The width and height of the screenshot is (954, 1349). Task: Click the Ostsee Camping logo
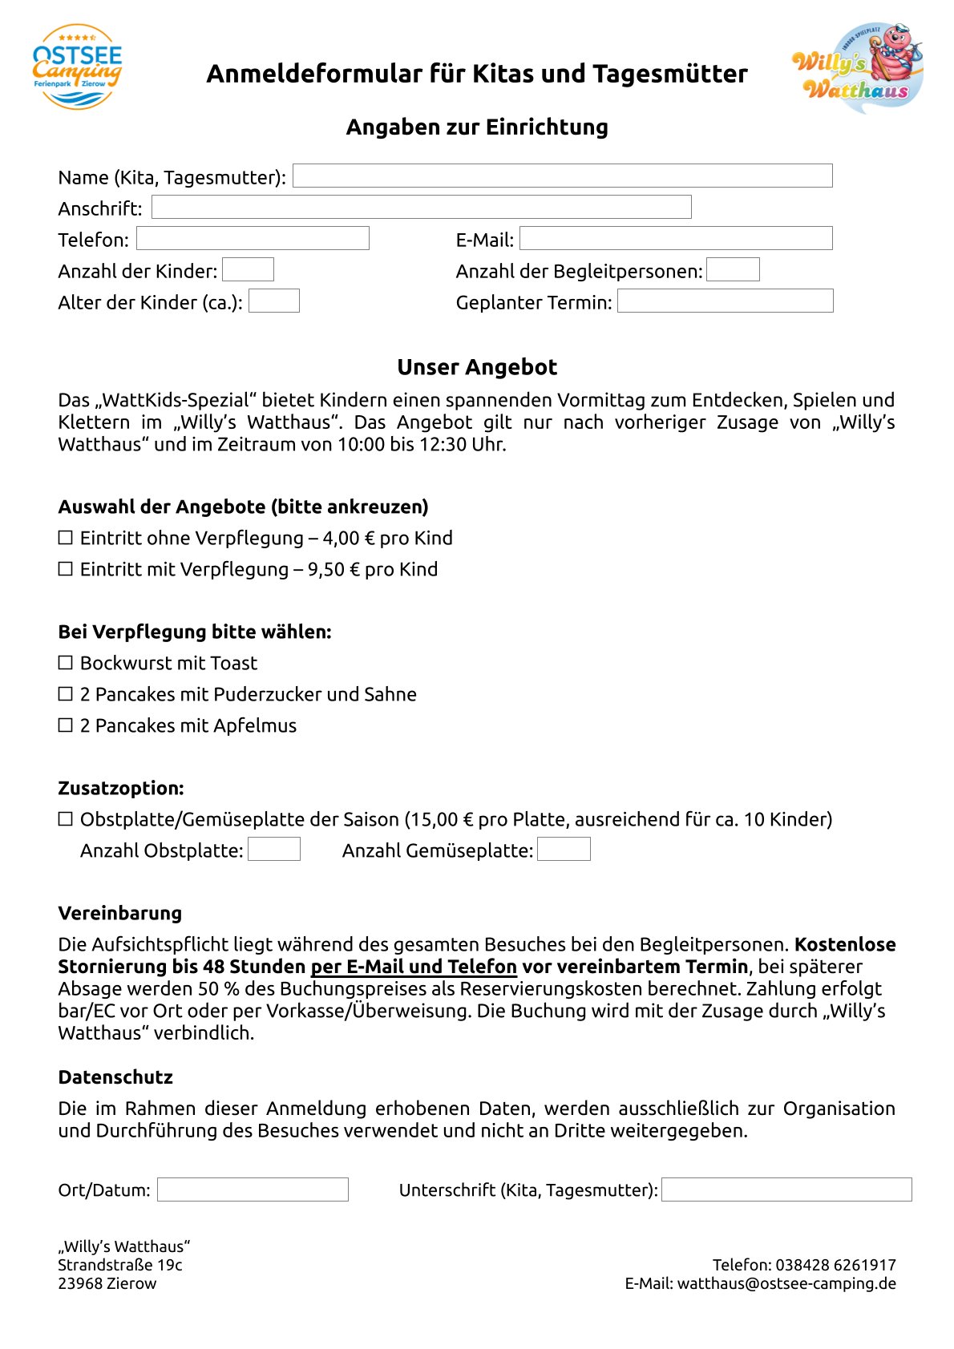78,67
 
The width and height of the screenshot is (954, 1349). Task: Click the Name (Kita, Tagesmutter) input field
562,176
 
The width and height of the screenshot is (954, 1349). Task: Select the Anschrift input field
421,208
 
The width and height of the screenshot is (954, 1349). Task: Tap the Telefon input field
253,239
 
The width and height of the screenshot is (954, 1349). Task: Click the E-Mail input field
676,239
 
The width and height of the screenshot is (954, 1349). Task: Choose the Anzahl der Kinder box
248,270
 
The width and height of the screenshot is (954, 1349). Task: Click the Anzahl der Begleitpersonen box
733,270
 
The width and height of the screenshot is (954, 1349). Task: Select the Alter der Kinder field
274,301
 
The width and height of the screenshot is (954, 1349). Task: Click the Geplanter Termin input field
725,301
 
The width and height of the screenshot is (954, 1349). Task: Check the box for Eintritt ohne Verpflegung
66,538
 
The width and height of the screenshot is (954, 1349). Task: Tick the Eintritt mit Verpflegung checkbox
66,569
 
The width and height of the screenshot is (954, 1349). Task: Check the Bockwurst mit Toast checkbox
66,663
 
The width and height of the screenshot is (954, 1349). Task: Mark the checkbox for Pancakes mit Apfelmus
66,725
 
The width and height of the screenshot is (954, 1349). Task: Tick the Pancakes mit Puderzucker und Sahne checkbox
66,694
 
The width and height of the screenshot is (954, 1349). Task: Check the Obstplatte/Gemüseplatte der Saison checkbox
66,819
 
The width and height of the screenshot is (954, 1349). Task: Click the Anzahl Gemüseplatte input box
564,850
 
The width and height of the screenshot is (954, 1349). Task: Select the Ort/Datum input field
253,1189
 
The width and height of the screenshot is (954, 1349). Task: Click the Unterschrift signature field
786,1189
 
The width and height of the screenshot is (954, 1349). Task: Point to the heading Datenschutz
115,1077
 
